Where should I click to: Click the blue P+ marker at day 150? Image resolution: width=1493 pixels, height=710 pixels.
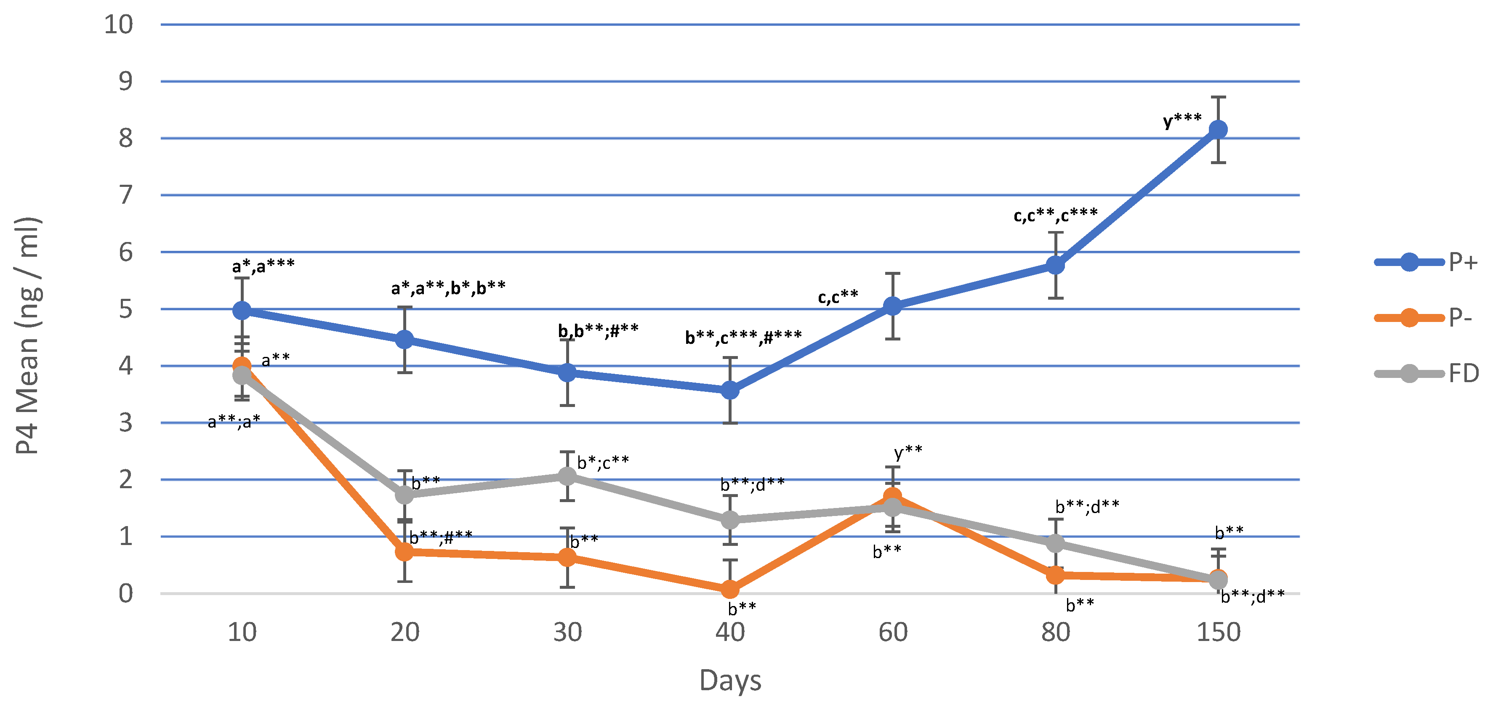(x=1218, y=130)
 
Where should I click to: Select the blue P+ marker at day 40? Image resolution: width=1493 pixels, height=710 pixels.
(x=730, y=391)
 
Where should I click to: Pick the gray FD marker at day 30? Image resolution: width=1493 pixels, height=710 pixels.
(x=567, y=476)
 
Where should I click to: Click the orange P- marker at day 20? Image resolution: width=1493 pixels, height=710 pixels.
(x=405, y=552)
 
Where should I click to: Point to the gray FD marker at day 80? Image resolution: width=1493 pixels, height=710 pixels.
(x=1055, y=543)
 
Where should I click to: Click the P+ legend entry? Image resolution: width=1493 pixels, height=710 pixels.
(x=1426, y=262)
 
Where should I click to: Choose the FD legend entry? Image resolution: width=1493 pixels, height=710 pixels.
(x=1426, y=374)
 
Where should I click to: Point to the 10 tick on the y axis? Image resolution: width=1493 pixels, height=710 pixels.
(x=118, y=24)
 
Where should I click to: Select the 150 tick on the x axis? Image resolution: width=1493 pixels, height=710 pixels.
(x=1218, y=632)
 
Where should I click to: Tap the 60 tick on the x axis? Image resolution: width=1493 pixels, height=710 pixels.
(x=892, y=632)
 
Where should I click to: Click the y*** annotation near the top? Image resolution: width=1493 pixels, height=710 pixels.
(x=1182, y=120)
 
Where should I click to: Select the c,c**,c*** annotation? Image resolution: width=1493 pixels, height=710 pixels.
(x=1055, y=215)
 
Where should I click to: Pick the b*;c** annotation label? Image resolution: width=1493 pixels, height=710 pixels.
(x=603, y=463)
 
